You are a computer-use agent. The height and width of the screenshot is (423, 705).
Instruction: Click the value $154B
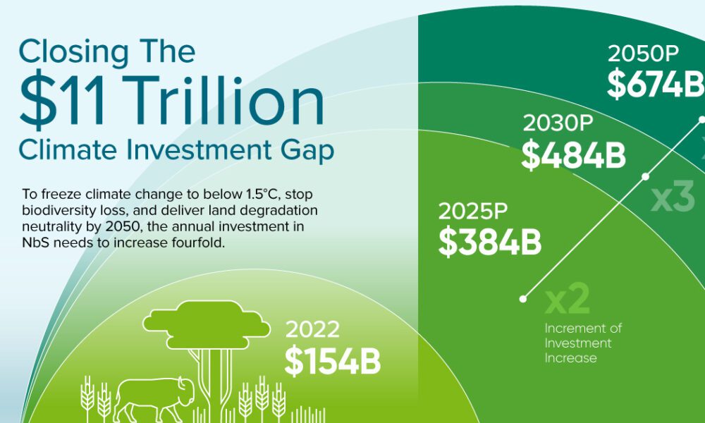[x=333, y=361]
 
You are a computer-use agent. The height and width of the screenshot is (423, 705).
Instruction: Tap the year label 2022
[x=312, y=329]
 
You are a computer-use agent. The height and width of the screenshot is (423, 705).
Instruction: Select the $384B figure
[x=490, y=242]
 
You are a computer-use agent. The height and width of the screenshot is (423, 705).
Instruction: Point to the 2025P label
[x=473, y=211]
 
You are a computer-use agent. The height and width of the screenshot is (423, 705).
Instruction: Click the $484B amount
[x=573, y=154]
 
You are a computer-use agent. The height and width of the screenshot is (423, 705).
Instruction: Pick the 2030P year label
[x=558, y=123]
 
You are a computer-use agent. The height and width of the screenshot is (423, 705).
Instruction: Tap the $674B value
[x=656, y=84]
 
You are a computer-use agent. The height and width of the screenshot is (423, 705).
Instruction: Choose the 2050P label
[x=643, y=54]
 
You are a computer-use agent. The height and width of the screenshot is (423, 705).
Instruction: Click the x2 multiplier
[x=568, y=300]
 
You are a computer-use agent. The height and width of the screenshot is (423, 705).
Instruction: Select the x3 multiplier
[x=673, y=197]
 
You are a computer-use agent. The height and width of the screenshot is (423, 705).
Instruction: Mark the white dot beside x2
[x=523, y=299]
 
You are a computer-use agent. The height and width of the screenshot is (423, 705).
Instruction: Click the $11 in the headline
[x=63, y=101]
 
